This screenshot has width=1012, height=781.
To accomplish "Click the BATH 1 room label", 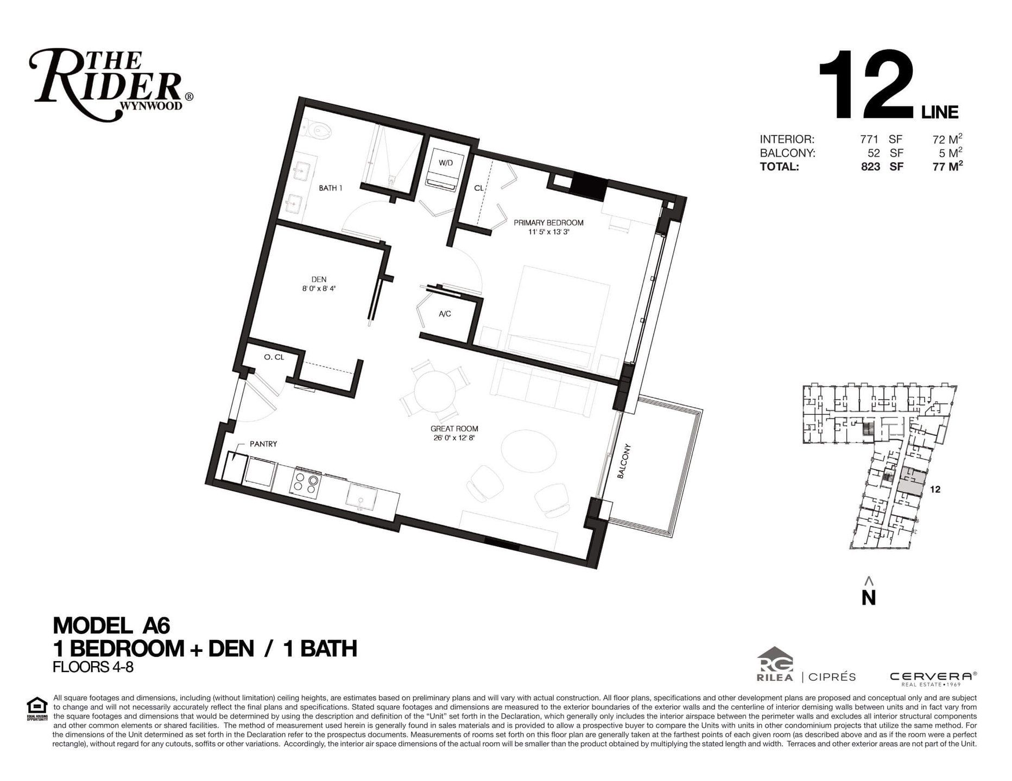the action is click(x=331, y=188).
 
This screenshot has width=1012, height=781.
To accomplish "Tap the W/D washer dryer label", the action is click(x=446, y=163).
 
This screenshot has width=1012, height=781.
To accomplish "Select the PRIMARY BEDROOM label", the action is click(x=548, y=222).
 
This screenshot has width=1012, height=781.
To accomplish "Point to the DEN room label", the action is click(x=319, y=279).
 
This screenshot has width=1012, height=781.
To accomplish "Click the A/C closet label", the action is click(x=445, y=313).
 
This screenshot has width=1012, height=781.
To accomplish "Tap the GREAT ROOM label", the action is click(x=454, y=428).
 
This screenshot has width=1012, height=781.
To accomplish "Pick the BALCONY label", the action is click(x=624, y=462).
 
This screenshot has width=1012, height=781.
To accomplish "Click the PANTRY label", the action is click(x=263, y=444).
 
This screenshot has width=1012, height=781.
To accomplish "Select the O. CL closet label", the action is click(x=274, y=357).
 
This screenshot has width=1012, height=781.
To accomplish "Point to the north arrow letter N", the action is click(x=869, y=597).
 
